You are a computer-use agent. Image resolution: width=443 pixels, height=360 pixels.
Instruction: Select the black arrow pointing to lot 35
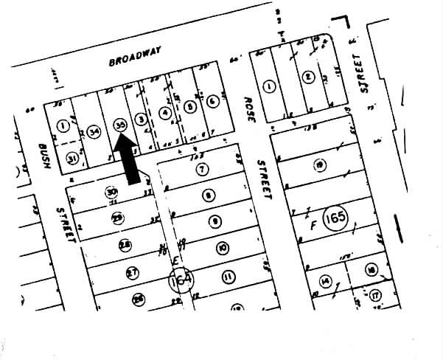coord(130,164)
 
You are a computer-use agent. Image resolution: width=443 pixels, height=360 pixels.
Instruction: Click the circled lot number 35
coord(120,125)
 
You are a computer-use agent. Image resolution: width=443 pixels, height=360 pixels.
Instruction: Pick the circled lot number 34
coord(94,131)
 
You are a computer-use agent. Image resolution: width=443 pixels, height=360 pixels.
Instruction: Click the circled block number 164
coord(179,282)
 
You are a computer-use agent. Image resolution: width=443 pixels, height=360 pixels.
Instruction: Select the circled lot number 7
coord(202,170)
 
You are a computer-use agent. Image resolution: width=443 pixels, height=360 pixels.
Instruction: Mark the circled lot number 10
coord(222,248)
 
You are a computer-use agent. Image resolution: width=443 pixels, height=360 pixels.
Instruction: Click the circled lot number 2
coord(308,76)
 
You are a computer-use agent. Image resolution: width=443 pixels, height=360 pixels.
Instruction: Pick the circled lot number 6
coord(212,102)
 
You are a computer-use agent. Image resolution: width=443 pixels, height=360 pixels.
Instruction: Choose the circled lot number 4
coord(164,113)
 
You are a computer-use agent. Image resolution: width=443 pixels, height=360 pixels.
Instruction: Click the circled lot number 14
coord(324,281)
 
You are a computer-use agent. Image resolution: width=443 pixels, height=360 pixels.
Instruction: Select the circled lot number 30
coord(111,193)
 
